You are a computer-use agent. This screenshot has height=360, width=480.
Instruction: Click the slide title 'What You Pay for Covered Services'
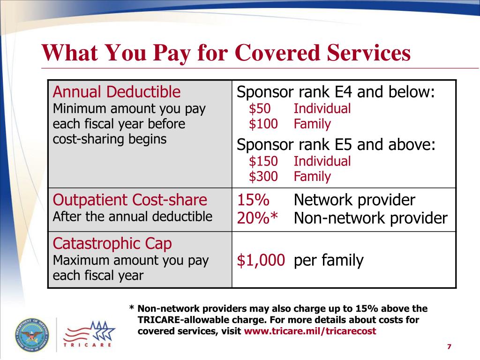[x=226, y=53]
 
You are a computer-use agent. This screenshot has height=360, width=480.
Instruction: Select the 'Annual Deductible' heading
[x=116, y=92]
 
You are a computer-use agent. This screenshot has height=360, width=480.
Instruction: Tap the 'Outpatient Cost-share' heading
[x=130, y=200]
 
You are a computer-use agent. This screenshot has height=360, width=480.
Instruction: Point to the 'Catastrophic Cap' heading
[x=112, y=244]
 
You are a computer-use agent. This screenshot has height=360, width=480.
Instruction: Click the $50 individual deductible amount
[x=260, y=109]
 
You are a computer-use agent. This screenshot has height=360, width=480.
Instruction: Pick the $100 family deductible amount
[x=263, y=124]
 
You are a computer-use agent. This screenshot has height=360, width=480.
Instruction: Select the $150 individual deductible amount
[x=263, y=162]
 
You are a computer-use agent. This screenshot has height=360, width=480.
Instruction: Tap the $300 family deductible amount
[x=263, y=177]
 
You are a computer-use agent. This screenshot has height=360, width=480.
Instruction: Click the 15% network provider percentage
[x=253, y=200]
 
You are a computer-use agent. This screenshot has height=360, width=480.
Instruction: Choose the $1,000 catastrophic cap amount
[x=261, y=261]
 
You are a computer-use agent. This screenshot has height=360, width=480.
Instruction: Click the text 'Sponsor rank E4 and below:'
[x=336, y=92]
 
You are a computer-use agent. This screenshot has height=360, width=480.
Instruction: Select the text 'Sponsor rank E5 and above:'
[x=336, y=145]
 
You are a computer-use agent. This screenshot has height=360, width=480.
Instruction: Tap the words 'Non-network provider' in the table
[x=370, y=218]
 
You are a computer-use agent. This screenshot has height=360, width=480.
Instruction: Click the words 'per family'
[x=329, y=261]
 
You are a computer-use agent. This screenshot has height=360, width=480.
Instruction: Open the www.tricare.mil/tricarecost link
[x=310, y=331]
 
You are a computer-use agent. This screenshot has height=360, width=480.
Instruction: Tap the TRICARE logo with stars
[x=89, y=334]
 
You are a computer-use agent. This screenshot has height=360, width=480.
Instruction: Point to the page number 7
[x=449, y=346]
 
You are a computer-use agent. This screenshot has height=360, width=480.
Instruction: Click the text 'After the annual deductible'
[x=133, y=217]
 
